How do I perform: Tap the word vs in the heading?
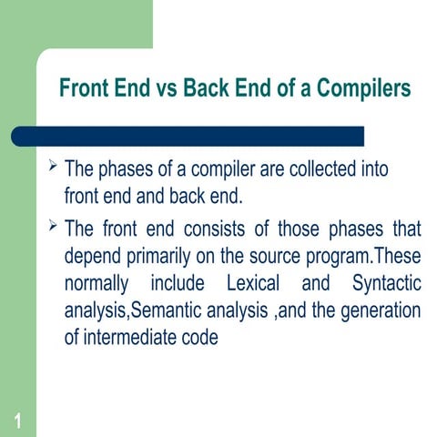tap(168, 89)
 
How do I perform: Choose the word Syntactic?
tap(382, 283)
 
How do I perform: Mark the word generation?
tap(381, 310)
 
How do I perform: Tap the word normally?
tap(100, 283)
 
